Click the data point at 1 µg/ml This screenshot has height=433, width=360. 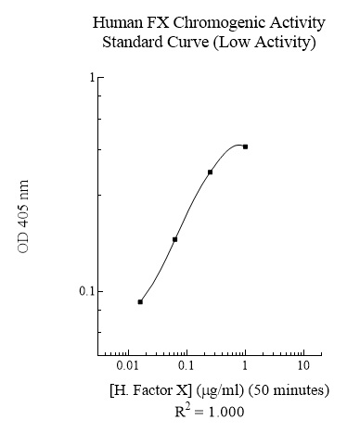click(245, 146)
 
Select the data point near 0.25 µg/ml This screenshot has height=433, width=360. click(210, 172)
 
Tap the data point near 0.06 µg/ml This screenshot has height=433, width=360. click(174, 239)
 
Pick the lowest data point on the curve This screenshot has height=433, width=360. click(140, 301)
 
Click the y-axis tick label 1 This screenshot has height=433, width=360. click(92, 77)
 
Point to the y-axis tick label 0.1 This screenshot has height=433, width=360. click(87, 291)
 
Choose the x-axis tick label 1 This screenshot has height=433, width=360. click(244, 368)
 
